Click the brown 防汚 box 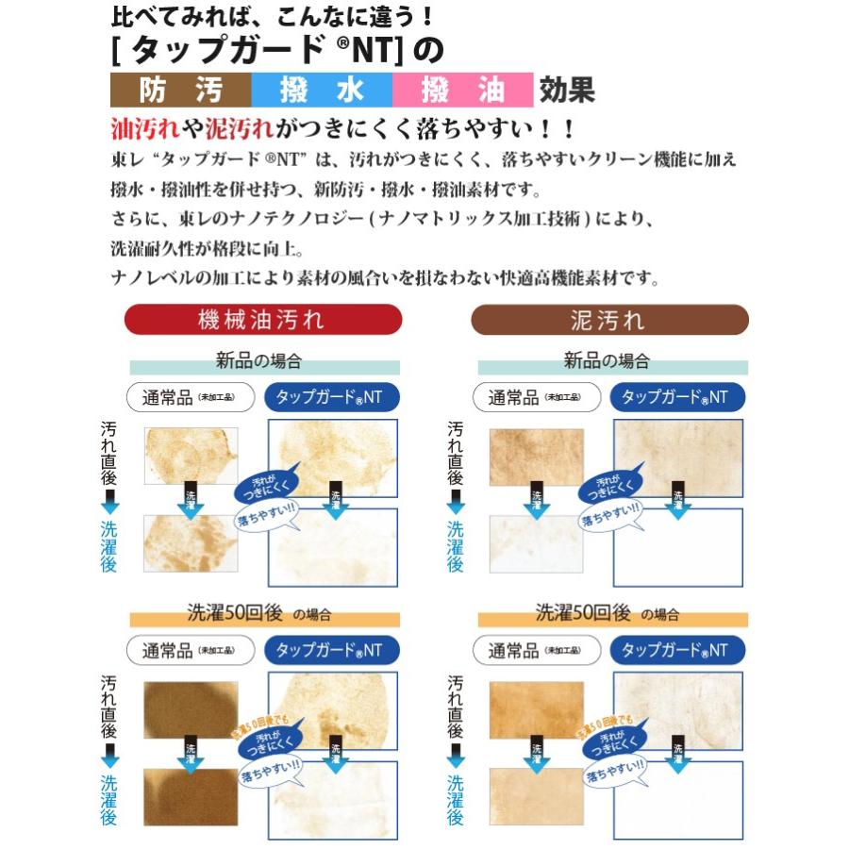pos(181,90)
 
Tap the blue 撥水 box pos(322,90)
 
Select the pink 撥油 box pos(462,90)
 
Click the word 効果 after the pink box pos(567,90)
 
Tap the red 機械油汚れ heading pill pos(263,319)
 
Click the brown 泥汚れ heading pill pos(609,319)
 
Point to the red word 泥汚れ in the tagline pos(241,127)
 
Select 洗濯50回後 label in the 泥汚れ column pos(581,613)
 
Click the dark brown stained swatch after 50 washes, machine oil pos(191,710)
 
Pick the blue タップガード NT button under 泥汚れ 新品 pos(677,397)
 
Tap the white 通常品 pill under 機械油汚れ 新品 pos(191,397)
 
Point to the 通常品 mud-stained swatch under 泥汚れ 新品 pos(536,457)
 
